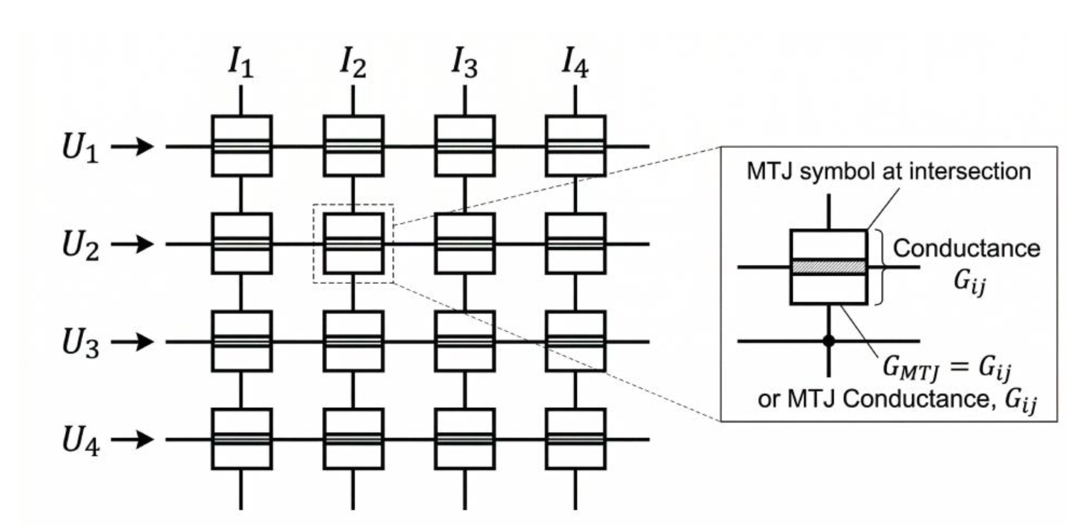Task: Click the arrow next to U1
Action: pos(132,146)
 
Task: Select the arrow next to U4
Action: pos(132,439)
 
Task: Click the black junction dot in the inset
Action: pos(828,341)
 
